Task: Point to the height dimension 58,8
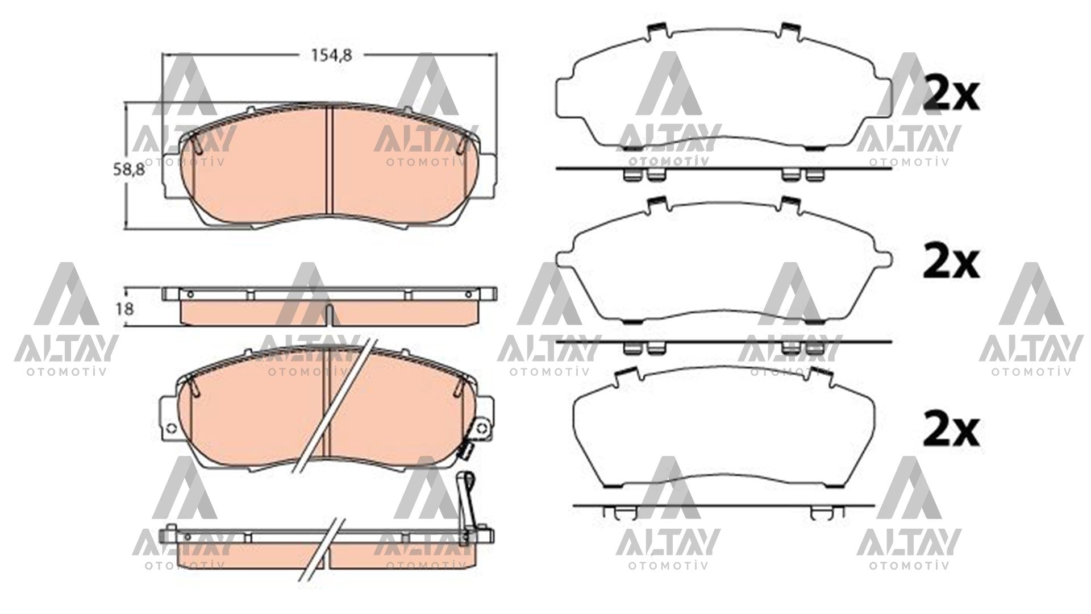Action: coord(128,169)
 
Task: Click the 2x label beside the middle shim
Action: coord(950,262)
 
